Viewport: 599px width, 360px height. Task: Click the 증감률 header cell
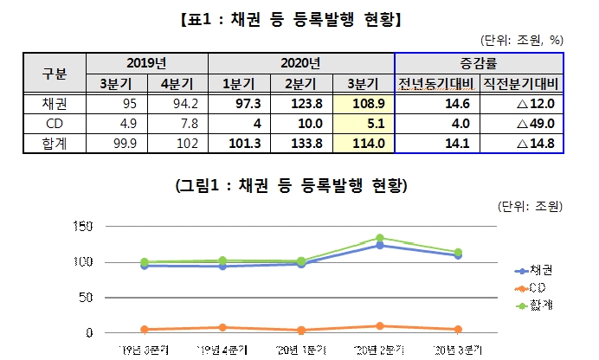point(478,63)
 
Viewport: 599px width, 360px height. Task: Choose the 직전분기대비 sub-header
point(519,83)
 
